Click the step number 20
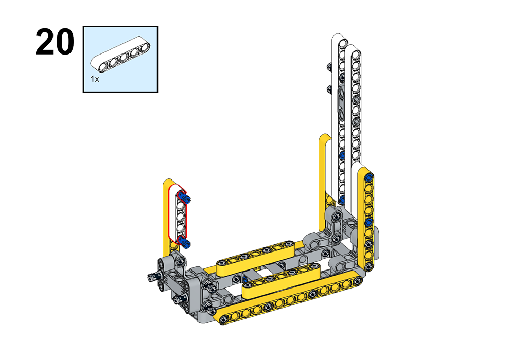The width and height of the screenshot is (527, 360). click(x=55, y=42)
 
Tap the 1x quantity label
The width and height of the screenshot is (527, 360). click(x=95, y=79)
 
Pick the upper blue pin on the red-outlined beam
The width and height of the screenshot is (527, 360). click(x=184, y=197)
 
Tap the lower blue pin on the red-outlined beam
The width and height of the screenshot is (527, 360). click(x=184, y=241)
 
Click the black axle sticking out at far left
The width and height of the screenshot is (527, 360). click(x=153, y=277)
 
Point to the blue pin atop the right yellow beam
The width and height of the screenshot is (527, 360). click(x=370, y=177)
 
